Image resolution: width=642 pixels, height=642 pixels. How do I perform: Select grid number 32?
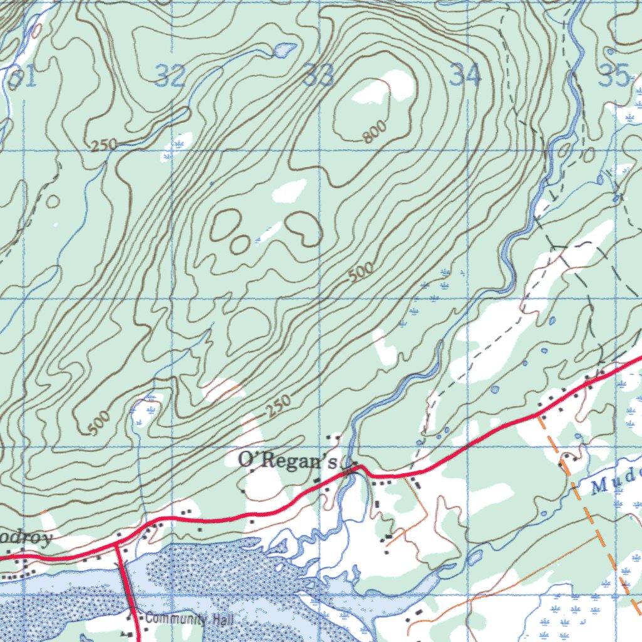171,76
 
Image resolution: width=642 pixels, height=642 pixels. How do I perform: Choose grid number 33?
318,76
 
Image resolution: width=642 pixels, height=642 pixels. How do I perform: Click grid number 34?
466,76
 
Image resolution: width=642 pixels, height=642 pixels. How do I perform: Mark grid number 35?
614,76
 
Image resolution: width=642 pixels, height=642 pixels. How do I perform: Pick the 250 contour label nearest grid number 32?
103,145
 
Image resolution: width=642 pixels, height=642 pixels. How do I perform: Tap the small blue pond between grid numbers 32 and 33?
285,49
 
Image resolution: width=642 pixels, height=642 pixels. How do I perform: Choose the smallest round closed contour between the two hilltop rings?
239,244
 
